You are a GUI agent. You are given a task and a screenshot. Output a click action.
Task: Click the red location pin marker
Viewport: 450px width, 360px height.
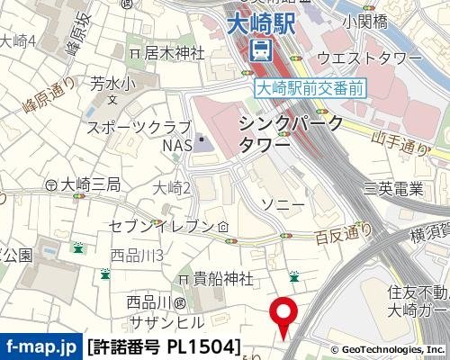(285, 317)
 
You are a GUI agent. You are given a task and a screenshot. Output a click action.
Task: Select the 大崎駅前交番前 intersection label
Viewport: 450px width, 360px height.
(310, 87)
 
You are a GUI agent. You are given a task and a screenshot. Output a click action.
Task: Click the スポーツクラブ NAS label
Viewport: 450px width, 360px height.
(139, 135)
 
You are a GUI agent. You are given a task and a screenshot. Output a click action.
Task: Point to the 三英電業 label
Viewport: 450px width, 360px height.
(393, 188)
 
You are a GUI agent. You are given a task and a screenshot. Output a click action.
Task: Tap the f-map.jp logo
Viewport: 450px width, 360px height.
(40, 346)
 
